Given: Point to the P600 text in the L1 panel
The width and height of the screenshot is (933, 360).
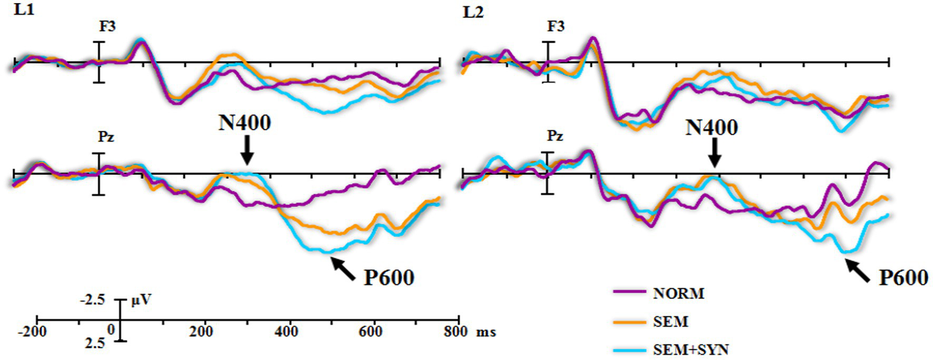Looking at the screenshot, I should pyautogui.click(x=389, y=278).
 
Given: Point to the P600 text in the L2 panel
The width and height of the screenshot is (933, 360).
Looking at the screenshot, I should pyautogui.click(x=903, y=278).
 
